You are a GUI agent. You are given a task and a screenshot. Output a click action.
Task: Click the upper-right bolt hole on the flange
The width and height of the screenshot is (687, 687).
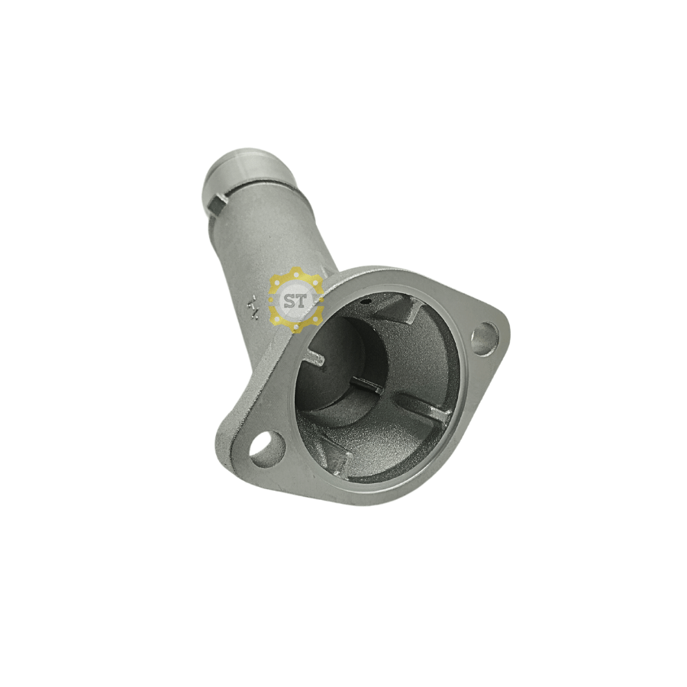[483, 339]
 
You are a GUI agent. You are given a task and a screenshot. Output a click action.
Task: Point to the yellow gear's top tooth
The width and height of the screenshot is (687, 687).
[296, 273]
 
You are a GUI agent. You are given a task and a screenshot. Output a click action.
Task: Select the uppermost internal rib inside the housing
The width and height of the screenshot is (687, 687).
[409, 309]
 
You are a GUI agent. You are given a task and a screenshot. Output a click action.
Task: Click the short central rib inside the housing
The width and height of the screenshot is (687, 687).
[367, 386]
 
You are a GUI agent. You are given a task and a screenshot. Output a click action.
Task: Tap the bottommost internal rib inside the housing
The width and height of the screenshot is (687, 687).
[340, 458]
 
